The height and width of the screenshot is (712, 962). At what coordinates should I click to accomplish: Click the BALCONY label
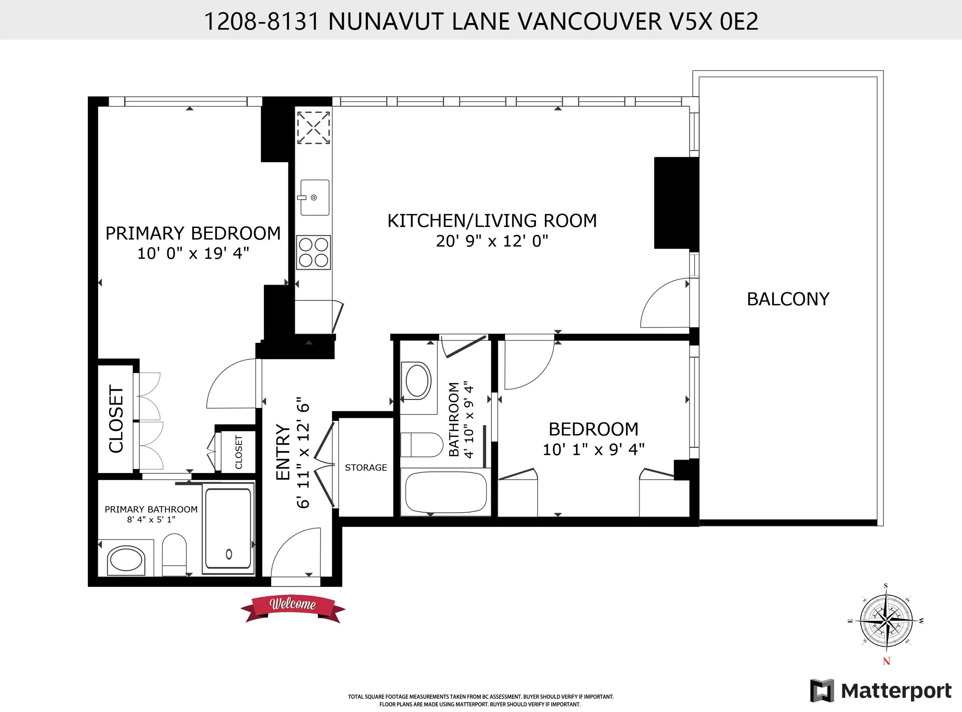[x=788, y=299]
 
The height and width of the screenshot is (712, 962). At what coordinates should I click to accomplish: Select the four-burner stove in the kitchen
[x=313, y=252]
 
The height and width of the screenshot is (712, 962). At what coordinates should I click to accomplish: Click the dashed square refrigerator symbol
[x=313, y=127]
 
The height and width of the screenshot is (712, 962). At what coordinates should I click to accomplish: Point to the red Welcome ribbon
[x=293, y=608]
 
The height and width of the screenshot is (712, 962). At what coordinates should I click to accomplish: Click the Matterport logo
[x=881, y=691]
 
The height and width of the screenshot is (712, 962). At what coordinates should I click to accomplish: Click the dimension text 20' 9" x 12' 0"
[x=492, y=241]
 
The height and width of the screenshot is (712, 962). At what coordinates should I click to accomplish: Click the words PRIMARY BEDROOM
[x=193, y=233]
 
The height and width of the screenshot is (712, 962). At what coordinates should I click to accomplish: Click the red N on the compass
[x=887, y=661]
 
